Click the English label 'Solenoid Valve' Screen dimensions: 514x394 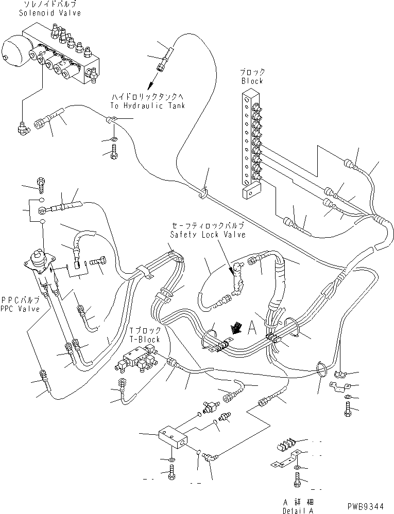(41, 13)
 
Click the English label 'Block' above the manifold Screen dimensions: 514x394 (251, 81)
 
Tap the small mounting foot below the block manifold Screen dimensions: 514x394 (250, 192)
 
